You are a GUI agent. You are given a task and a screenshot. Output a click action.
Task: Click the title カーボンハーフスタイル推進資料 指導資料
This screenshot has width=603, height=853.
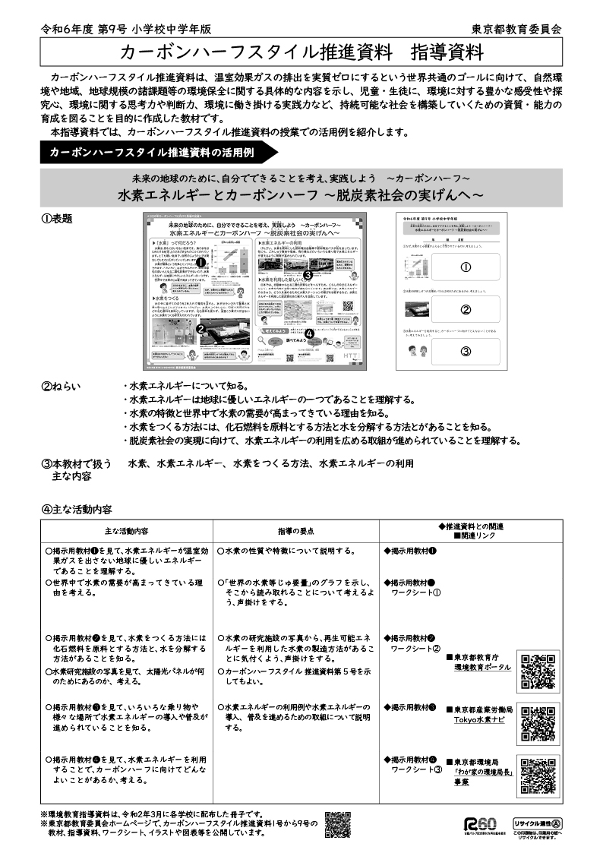(301, 53)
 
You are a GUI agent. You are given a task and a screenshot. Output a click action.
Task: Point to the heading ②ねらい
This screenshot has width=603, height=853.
(60, 386)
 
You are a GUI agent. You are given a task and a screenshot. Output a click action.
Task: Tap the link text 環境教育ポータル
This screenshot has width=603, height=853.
(482, 667)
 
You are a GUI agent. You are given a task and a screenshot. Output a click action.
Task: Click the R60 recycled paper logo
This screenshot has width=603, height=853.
(480, 824)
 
